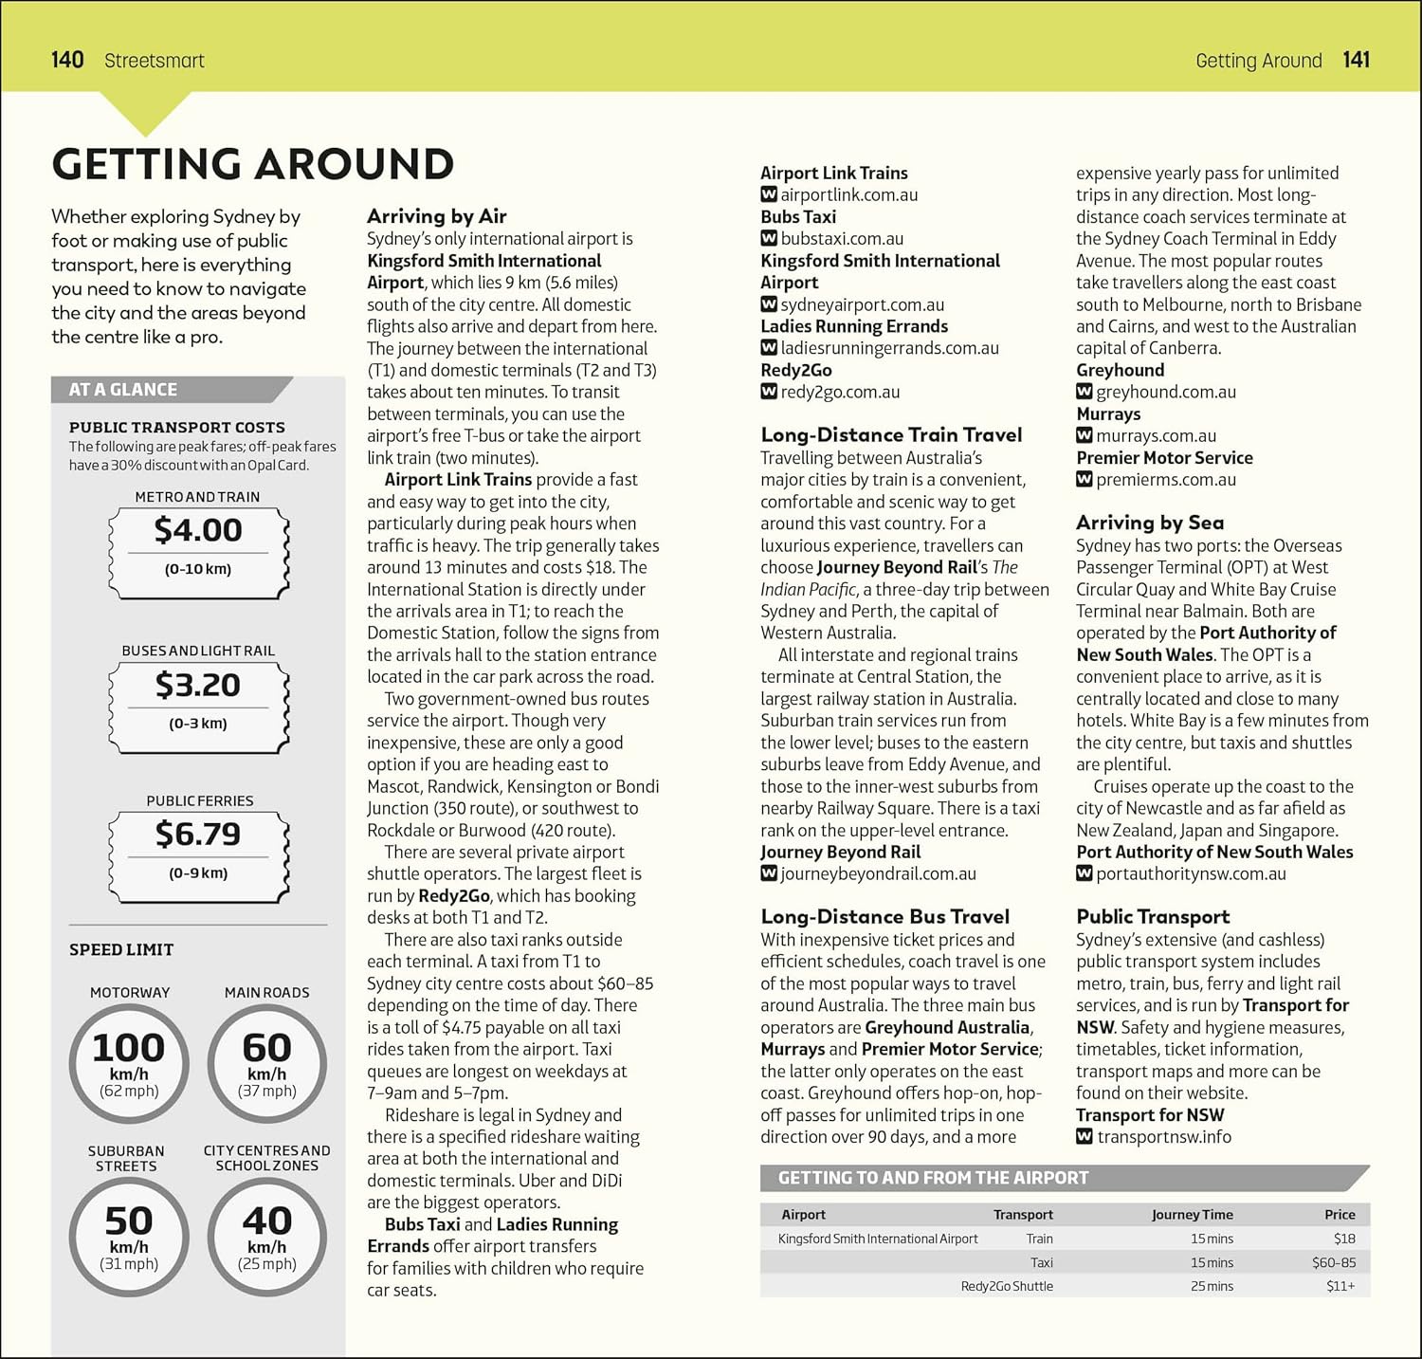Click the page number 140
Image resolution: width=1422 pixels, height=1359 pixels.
(67, 60)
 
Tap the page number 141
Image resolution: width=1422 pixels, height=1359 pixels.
(1356, 60)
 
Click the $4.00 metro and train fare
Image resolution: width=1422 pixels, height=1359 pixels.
(198, 531)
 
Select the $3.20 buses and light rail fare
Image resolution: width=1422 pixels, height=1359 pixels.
(198, 686)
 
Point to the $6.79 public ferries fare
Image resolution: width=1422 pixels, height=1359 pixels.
(198, 835)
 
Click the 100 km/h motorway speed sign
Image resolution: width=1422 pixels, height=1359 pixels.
(129, 1062)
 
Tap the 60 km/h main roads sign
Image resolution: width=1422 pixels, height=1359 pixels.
(266, 1062)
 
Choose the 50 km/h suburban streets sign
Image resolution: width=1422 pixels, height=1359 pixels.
(129, 1235)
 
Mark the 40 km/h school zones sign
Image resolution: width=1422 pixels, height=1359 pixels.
(266, 1235)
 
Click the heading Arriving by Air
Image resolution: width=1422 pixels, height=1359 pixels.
(436, 216)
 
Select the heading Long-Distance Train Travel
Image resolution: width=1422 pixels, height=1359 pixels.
(891, 435)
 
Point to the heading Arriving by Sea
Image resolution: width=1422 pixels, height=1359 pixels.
(1149, 523)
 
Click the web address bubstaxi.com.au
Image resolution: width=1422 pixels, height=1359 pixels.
(842, 239)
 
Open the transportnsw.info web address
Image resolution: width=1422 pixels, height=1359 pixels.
(1164, 1137)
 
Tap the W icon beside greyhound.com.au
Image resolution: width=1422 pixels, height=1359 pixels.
(1085, 392)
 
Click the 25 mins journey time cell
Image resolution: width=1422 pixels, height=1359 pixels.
(1212, 1287)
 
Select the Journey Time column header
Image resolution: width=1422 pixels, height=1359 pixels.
(1192, 1215)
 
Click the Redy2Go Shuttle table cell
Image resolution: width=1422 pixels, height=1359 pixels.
(1006, 1287)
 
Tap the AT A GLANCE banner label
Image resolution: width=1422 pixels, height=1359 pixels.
(122, 390)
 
